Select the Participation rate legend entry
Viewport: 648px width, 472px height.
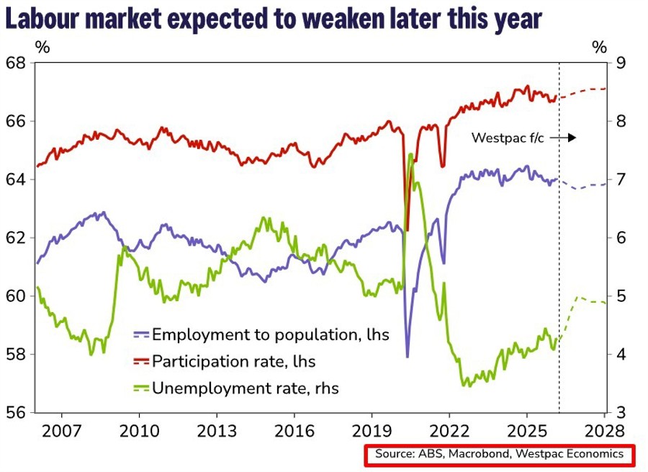tap(233, 361)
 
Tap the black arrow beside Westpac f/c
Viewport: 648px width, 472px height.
tap(567, 137)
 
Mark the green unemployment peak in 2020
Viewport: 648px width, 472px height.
tap(410, 155)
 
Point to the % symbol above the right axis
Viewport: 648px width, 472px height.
tap(599, 48)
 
